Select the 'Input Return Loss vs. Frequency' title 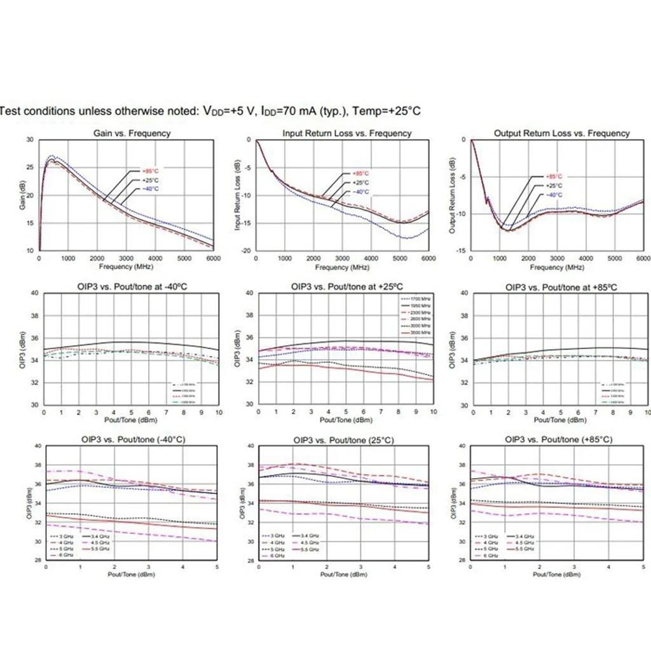click(346, 134)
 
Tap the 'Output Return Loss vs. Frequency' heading click(561, 134)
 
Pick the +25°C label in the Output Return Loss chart click(554, 186)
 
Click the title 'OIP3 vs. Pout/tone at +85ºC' click(561, 287)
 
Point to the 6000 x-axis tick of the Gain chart click(214, 259)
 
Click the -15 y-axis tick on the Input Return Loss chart click(249, 223)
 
